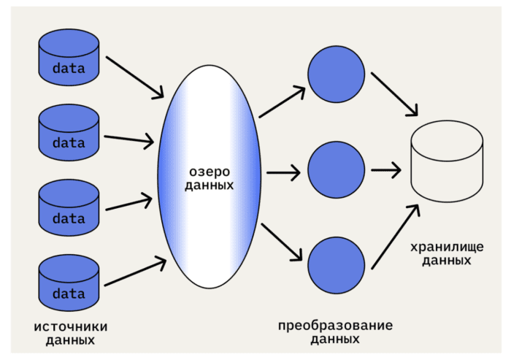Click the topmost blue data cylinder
click(69, 58)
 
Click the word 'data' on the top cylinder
click(69, 69)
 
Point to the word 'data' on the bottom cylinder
click(69, 294)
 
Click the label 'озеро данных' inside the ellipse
click(210, 177)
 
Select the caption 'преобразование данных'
click(335, 332)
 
